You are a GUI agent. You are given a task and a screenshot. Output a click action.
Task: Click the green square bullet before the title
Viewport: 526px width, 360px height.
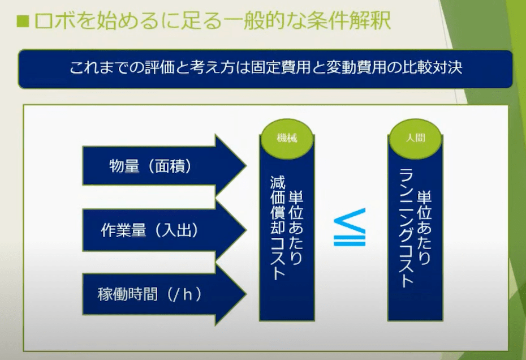23,22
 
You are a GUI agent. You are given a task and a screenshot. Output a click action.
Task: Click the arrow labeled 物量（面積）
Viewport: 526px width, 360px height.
165,165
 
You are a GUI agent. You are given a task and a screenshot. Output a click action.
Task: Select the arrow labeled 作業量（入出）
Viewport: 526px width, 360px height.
165,230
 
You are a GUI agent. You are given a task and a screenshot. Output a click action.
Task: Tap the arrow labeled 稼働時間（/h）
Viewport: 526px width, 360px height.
165,294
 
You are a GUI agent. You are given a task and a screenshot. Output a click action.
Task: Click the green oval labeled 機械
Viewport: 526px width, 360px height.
287,138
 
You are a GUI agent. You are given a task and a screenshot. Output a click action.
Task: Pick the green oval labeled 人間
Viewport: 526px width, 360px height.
415,138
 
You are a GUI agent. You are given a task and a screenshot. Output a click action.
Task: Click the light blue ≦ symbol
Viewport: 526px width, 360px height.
349,227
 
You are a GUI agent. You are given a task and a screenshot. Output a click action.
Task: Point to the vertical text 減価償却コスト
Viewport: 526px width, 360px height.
278,227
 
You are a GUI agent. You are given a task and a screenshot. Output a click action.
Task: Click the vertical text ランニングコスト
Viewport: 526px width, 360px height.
406,228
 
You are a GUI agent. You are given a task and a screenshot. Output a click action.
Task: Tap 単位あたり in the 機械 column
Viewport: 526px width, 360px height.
296,228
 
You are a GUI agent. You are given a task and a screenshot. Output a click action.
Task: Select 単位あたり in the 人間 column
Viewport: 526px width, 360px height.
424,228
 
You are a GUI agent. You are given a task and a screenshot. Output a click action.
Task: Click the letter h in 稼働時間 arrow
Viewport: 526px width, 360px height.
188,294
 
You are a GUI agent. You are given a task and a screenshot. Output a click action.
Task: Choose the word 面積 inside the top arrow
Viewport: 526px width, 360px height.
170,166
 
